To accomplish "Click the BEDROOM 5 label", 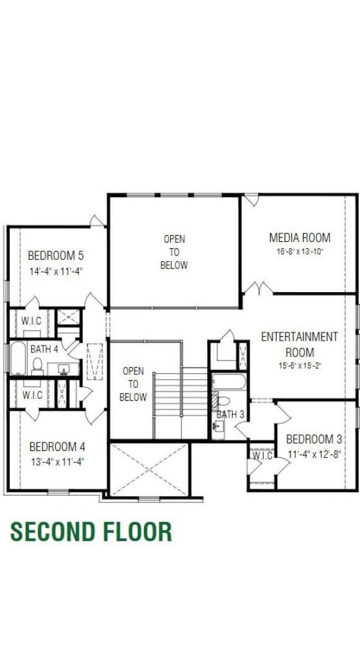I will (55, 256).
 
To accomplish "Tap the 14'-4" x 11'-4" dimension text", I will (55, 271).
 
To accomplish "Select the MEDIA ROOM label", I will (299, 238).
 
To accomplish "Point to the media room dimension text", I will (299, 252).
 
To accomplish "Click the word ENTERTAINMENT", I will (299, 337).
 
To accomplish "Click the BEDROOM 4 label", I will (57, 446).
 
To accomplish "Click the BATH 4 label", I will (43, 349).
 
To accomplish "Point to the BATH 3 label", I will (230, 414).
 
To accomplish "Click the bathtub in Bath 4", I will (17, 359).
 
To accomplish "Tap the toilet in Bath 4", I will (37, 366).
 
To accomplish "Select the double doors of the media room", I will (258, 288).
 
